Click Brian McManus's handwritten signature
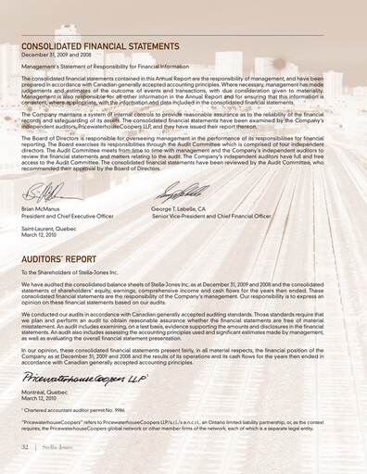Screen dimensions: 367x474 [46, 193]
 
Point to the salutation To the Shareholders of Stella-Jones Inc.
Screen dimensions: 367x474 [82, 273]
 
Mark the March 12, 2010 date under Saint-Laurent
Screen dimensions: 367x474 [44, 235]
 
